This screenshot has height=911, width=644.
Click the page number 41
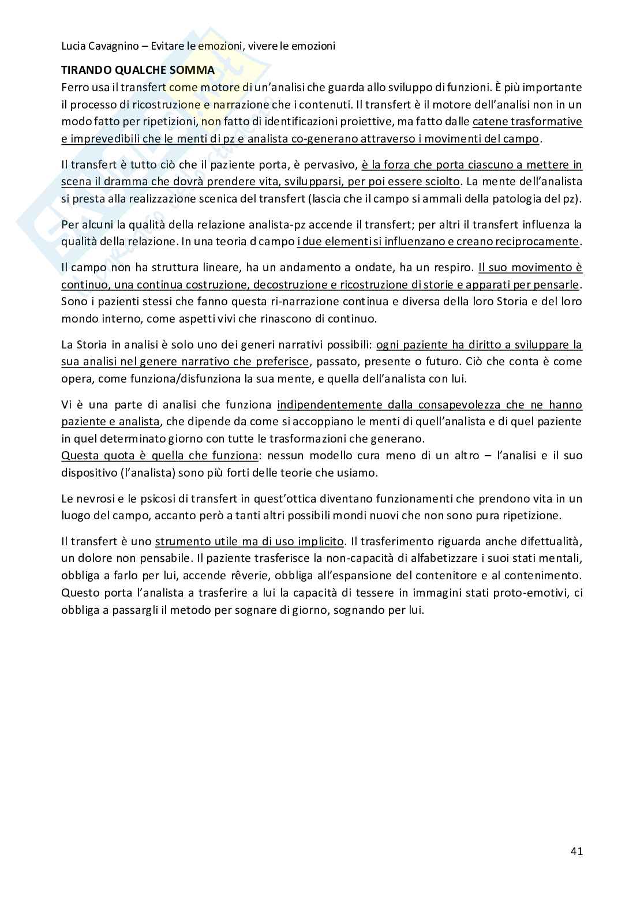click(576, 851)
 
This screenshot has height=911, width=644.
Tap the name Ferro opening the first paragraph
click(75, 87)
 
